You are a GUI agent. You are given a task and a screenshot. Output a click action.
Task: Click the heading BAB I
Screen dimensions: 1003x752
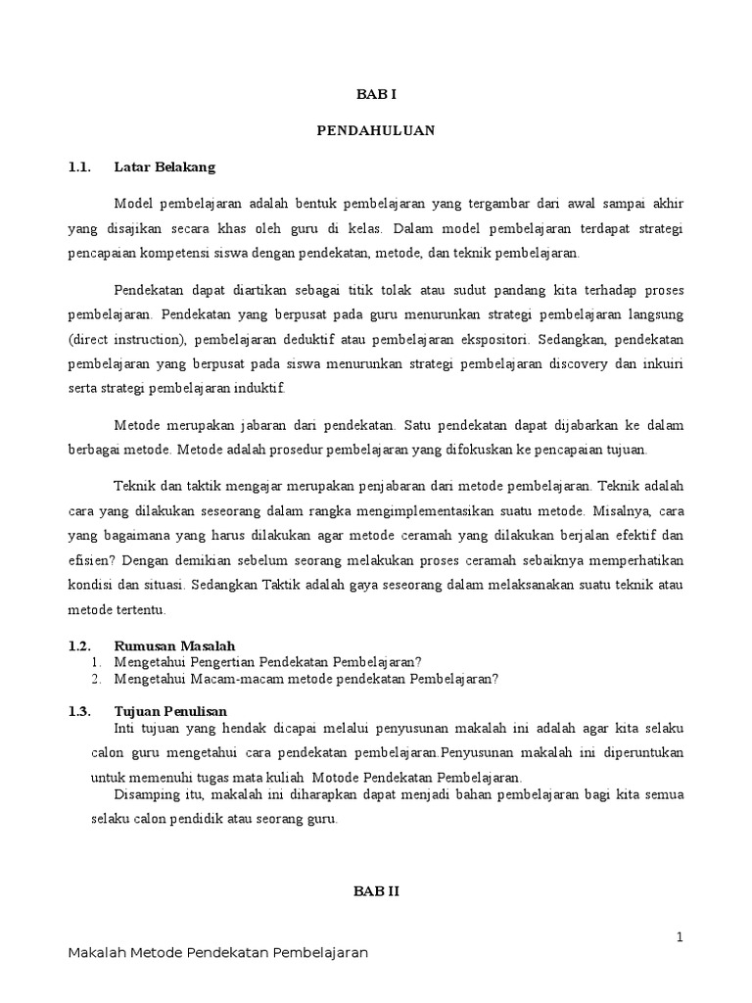376,95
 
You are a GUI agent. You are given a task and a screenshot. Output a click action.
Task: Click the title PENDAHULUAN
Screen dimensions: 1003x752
376,130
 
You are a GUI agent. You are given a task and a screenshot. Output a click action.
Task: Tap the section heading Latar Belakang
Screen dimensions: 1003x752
164,167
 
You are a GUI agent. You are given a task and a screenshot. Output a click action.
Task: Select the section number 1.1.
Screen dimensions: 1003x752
79,167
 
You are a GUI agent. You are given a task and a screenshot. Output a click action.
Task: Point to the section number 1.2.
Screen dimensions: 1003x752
79,645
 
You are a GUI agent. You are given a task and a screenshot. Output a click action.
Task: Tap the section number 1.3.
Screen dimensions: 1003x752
79,710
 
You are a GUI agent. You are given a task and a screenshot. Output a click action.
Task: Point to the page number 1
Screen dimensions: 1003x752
679,937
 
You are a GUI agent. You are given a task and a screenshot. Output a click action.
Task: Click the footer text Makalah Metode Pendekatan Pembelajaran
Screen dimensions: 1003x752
218,954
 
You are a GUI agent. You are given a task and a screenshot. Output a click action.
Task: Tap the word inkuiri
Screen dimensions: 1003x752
660,364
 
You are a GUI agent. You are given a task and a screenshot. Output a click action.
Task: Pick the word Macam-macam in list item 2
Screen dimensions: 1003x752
205,678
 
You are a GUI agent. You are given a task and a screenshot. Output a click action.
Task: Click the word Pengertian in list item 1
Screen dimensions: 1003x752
209,661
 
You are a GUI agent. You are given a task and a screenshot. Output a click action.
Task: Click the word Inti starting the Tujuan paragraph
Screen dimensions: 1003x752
127,729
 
